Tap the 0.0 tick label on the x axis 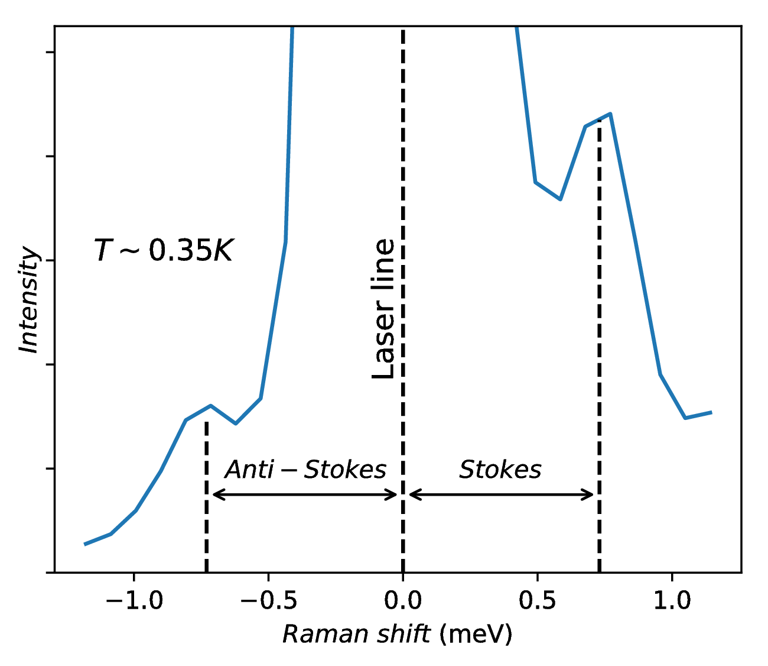click(x=403, y=602)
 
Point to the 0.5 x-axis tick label click(x=537, y=602)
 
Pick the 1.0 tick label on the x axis click(x=672, y=602)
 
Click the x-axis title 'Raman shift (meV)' click(x=397, y=634)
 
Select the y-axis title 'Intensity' click(x=29, y=300)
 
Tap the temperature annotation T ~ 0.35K click(x=164, y=251)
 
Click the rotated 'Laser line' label click(x=384, y=308)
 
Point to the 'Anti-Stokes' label click(x=305, y=470)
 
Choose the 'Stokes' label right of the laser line click(x=500, y=470)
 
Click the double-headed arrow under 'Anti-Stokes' click(x=305, y=494)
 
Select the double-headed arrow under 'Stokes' click(x=501, y=494)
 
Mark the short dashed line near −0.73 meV click(x=206, y=497)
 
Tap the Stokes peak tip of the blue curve click(x=610, y=114)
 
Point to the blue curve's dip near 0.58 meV click(x=560, y=199)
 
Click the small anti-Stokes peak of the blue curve click(x=210, y=406)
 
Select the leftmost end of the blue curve click(x=86, y=544)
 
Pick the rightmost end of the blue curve click(x=711, y=412)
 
